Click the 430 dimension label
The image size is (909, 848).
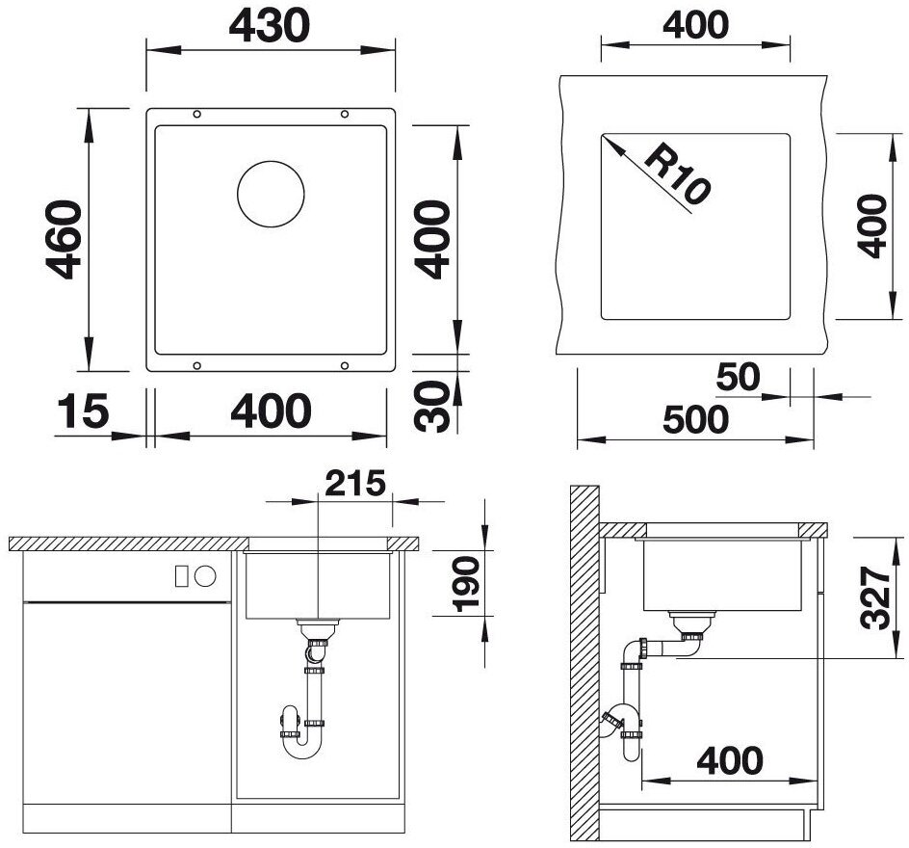270,26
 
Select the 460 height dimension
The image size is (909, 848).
64,240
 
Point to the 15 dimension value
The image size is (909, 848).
83,411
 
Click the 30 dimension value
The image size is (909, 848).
432,406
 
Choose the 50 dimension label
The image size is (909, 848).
738,377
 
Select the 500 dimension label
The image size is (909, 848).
695,419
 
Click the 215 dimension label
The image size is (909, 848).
354,483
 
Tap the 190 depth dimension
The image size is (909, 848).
467,584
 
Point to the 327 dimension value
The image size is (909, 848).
874,598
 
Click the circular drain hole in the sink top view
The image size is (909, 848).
271,194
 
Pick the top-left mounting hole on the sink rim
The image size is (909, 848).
197,115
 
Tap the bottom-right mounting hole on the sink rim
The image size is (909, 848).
345,365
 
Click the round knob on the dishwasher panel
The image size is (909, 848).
205,576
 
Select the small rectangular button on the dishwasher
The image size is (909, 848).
181,576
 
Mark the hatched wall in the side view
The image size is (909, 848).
584,662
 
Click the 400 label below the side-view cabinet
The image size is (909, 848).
730,760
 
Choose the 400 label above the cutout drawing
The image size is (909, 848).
695,25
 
